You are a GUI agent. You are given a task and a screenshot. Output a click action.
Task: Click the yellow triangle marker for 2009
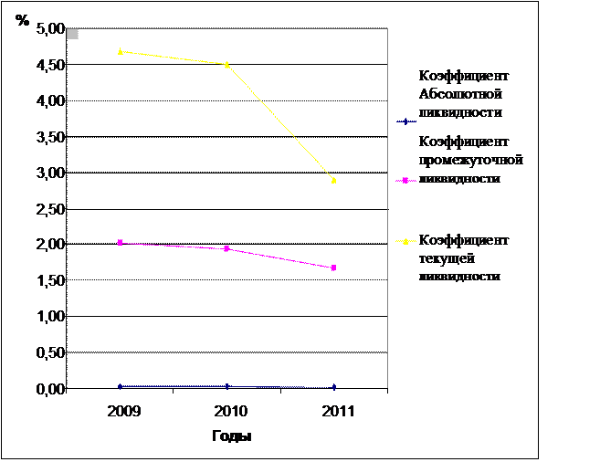(x=121, y=51)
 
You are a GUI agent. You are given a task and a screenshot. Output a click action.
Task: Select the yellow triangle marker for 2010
(x=226, y=64)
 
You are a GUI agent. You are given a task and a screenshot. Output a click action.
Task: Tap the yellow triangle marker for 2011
(x=333, y=180)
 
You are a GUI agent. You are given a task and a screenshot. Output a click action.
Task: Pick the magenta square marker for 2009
(x=121, y=243)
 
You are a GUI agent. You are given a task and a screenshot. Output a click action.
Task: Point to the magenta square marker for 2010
(x=226, y=248)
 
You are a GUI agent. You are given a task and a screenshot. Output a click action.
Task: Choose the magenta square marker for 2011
(x=333, y=268)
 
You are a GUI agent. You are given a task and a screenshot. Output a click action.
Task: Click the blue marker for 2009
(x=121, y=387)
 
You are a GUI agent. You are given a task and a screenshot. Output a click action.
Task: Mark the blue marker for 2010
(x=226, y=387)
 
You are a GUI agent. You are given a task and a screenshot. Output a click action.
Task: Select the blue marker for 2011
(x=333, y=387)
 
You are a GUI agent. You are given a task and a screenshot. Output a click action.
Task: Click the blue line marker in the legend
(x=404, y=121)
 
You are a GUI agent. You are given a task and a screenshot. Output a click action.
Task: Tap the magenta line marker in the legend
(x=404, y=181)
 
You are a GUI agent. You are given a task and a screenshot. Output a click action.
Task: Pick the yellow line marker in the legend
(x=404, y=241)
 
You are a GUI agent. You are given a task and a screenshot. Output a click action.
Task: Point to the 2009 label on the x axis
(x=121, y=413)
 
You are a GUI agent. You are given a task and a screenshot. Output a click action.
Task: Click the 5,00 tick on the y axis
(x=51, y=29)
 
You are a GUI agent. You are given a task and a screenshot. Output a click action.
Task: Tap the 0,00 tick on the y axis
(x=51, y=388)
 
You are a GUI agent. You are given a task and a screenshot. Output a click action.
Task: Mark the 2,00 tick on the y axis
(x=51, y=245)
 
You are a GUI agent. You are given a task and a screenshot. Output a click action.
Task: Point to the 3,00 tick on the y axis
(x=51, y=173)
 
